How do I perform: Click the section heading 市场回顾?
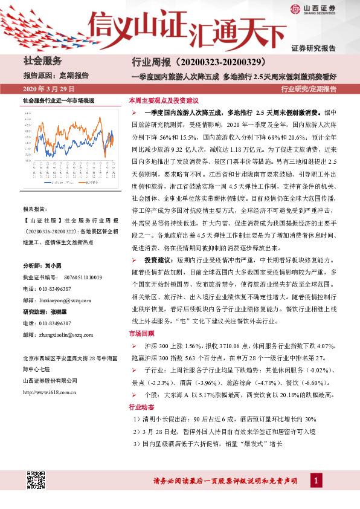pos(142,333)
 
